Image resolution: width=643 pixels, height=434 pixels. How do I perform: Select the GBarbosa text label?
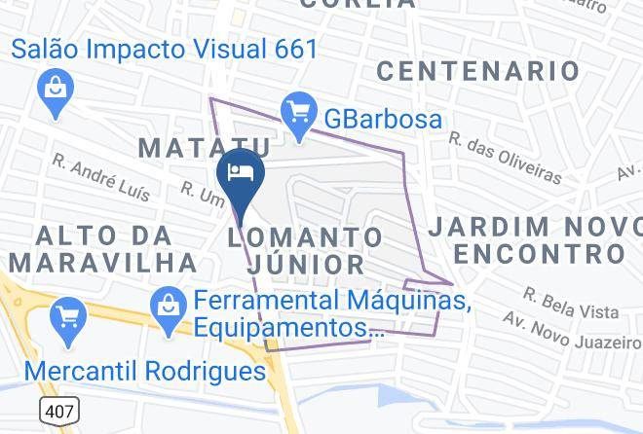click(x=384, y=119)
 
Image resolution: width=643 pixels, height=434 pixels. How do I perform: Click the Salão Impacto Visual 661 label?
click(x=166, y=49)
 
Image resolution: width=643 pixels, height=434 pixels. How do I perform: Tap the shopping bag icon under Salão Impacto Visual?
click(x=53, y=92)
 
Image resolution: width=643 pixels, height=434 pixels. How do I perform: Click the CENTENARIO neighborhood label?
click(x=477, y=70)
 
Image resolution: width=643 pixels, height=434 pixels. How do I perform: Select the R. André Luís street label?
click(x=101, y=176)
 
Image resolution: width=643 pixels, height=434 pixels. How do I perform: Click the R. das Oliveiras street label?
click(x=506, y=158)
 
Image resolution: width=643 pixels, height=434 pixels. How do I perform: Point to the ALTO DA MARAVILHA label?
click(x=102, y=248)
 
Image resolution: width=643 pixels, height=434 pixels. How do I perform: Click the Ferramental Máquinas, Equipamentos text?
click(x=331, y=313)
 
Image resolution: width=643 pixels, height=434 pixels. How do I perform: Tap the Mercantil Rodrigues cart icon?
click(x=69, y=316)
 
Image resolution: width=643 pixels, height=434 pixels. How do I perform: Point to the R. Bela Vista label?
click(x=570, y=303)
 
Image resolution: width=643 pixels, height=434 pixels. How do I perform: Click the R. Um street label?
click(x=199, y=194)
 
